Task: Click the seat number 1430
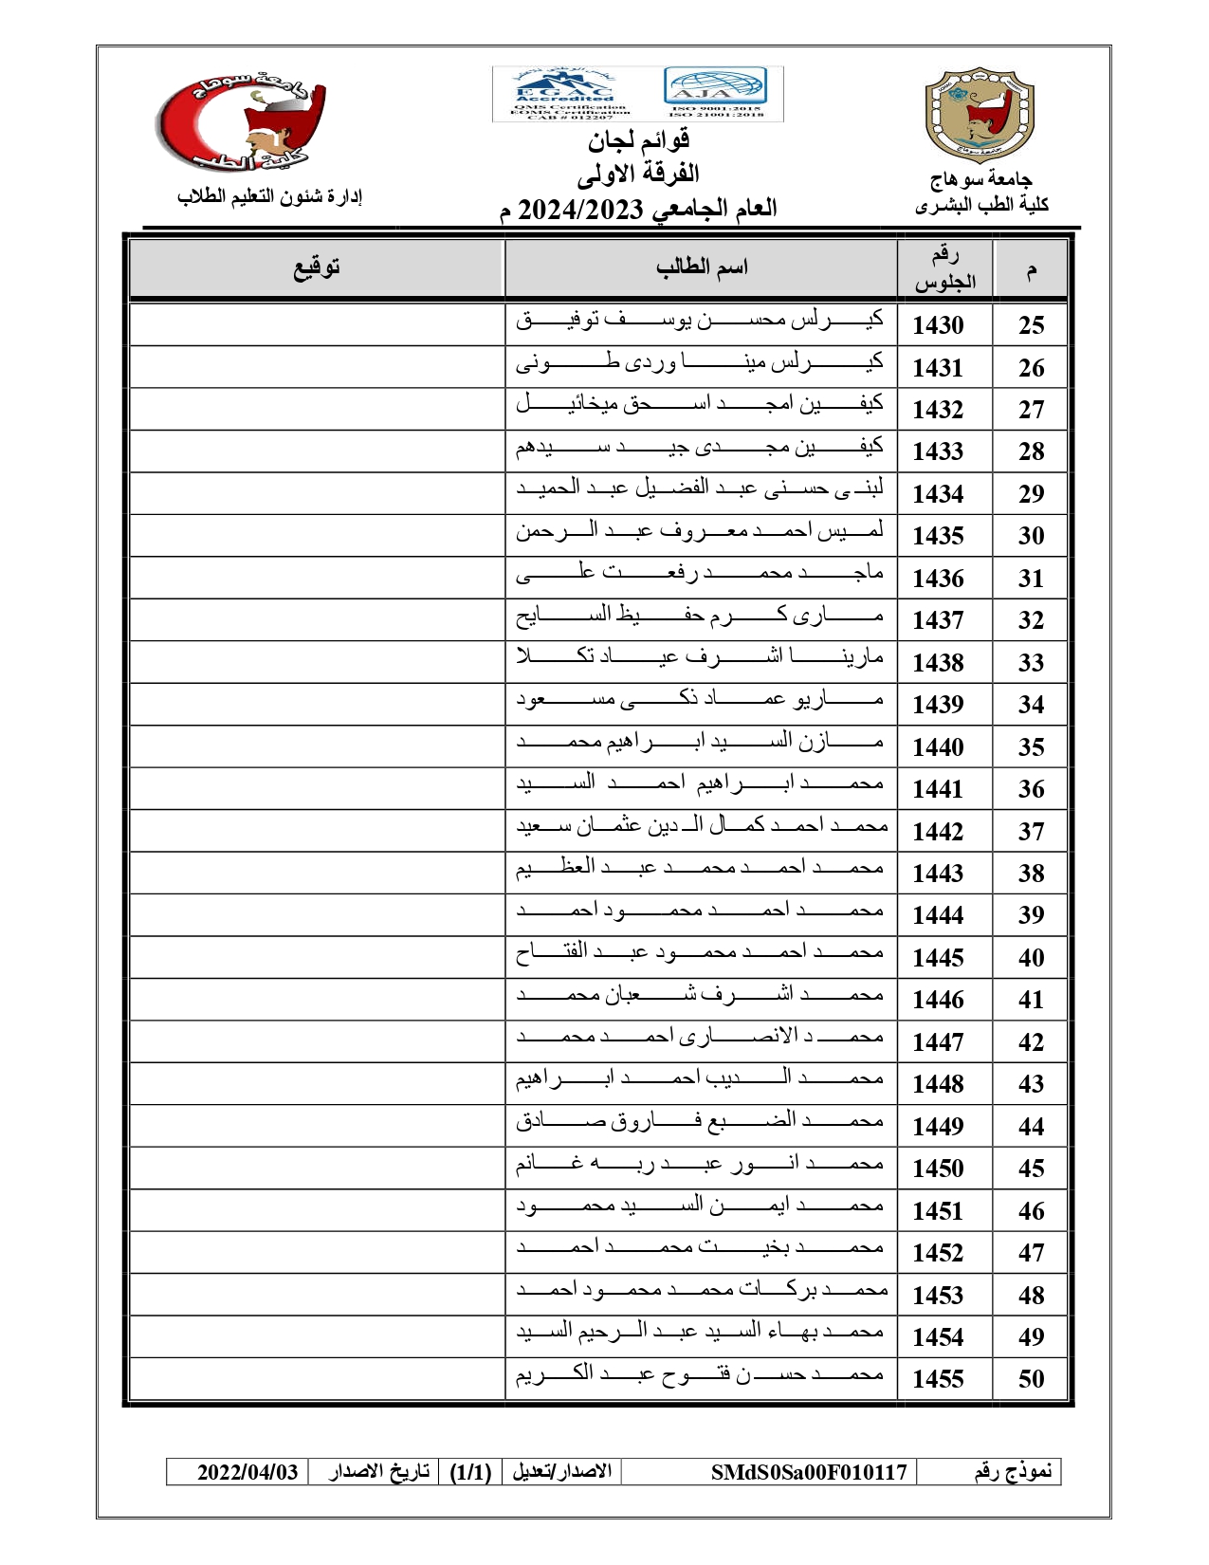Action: tap(938, 325)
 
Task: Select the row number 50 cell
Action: tap(1031, 1379)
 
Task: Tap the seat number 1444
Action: tap(938, 915)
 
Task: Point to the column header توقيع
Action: tap(316, 268)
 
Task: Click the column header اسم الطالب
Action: tap(702, 268)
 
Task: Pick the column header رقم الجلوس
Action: tap(944, 268)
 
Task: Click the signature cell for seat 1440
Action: tap(316, 746)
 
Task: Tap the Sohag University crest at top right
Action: tap(979, 115)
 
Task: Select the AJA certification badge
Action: tap(715, 92)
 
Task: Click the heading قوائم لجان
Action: tap(638, 141)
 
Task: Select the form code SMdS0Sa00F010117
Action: tap(809, 1472)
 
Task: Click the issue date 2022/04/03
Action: tap(247, 1472)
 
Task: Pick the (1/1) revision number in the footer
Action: tap(470, 1472)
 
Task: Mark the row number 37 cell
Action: tap(1031, 832)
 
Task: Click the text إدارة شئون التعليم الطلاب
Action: tap(270, 196)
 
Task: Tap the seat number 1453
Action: tap(938, 1296)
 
